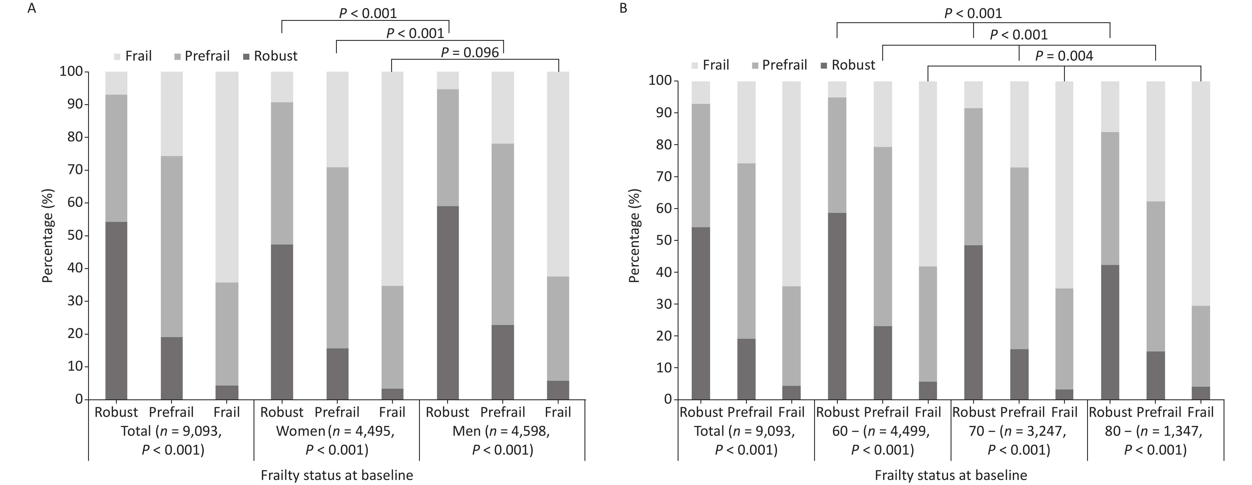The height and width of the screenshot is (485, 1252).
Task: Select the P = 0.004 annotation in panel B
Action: [x=1064, y=56]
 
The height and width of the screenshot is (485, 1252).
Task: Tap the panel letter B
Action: [x=624, y=9]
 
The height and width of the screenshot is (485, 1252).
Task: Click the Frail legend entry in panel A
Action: [x=133, y=56]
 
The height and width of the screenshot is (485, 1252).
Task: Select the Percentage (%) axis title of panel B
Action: [x=634, y=235]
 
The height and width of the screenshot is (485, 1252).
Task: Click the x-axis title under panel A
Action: [x=337, y=475]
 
